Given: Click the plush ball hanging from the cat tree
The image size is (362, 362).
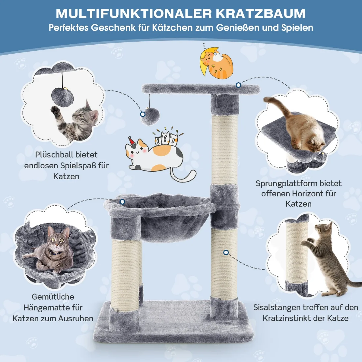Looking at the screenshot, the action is tap(150, 116).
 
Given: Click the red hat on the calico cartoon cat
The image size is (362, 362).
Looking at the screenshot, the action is tap(132, 141).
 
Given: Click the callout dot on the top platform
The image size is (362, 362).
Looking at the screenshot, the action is tap(238, 85).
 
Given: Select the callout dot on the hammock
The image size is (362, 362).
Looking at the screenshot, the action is tap(122, 202).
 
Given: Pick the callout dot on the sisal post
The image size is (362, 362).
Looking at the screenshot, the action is tap(226, 252).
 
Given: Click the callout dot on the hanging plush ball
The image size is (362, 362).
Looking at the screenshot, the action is tap(143, 114).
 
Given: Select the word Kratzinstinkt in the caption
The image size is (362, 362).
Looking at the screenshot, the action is tap(294, 318).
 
